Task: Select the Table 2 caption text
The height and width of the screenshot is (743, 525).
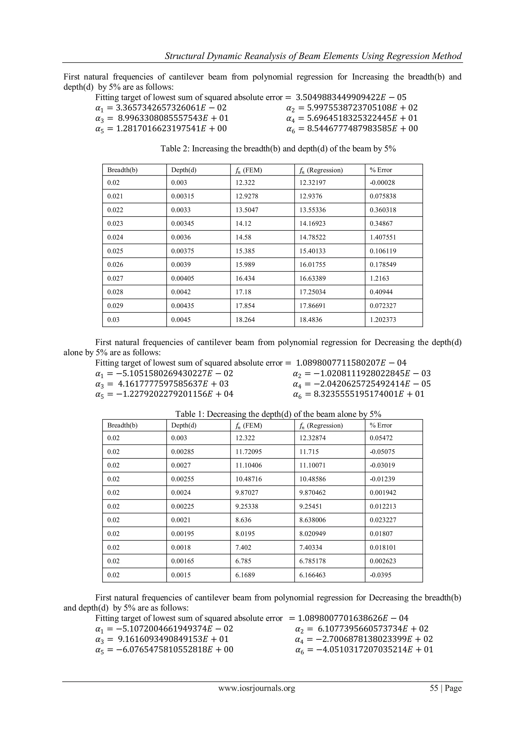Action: point(278,149)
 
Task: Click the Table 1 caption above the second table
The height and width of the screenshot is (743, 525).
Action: point(278,414)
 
